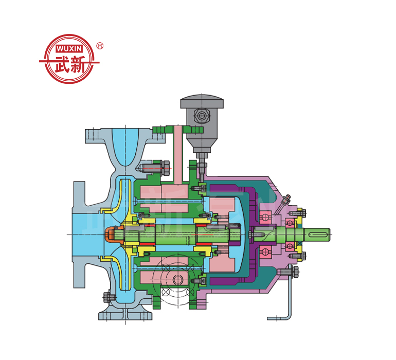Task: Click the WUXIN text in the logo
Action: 69,48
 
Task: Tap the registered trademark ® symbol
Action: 100,46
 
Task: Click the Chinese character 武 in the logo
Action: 61,65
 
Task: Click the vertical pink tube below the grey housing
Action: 178,154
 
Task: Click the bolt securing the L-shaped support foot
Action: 295,271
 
